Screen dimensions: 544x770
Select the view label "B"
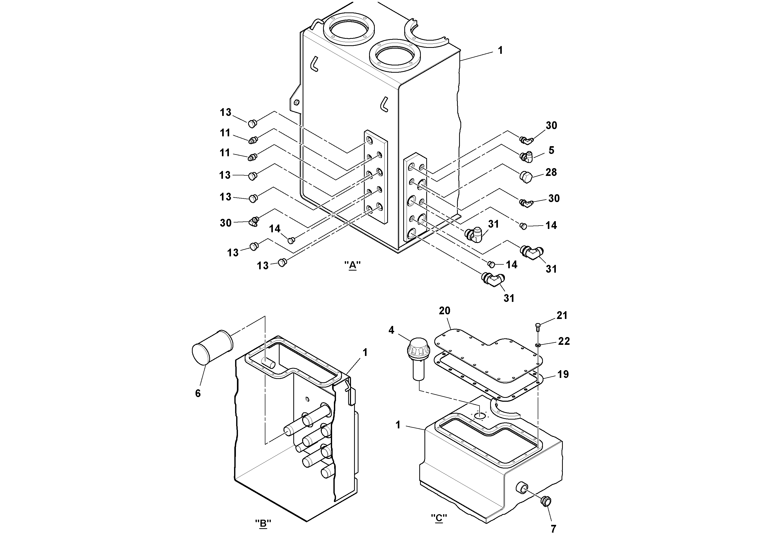coord(263,524)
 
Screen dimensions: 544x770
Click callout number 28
coord(551,172)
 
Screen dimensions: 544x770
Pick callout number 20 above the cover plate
coord(444,311)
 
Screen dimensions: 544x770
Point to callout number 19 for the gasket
coord(563,374)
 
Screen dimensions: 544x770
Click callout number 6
coord(198,393)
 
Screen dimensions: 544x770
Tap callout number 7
coord(553,529)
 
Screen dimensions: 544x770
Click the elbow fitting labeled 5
coord(527,156)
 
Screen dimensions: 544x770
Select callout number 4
coord(391,330)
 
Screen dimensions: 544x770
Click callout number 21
coord(562,316)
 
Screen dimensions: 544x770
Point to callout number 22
coord(564,341)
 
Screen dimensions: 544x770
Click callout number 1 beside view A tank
coord(500,51)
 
